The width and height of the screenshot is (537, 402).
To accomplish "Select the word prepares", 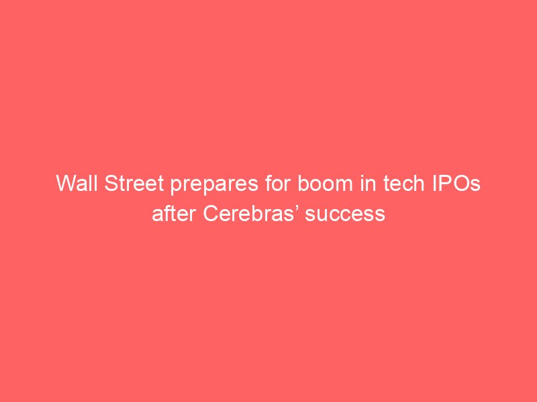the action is point(214,186).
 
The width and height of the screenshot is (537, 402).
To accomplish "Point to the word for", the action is point(278,183).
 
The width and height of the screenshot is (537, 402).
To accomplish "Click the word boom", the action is point(325,183).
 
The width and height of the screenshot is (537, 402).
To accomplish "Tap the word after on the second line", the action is point(174,214).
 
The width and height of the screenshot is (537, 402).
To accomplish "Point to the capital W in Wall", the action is point(66,183).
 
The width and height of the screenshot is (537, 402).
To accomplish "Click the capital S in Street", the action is point(111,183).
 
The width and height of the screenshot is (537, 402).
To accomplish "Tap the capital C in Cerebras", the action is point(211,214).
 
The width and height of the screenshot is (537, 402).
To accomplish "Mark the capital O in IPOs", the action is point(462,183).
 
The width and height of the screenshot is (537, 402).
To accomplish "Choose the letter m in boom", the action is point(344,186).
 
